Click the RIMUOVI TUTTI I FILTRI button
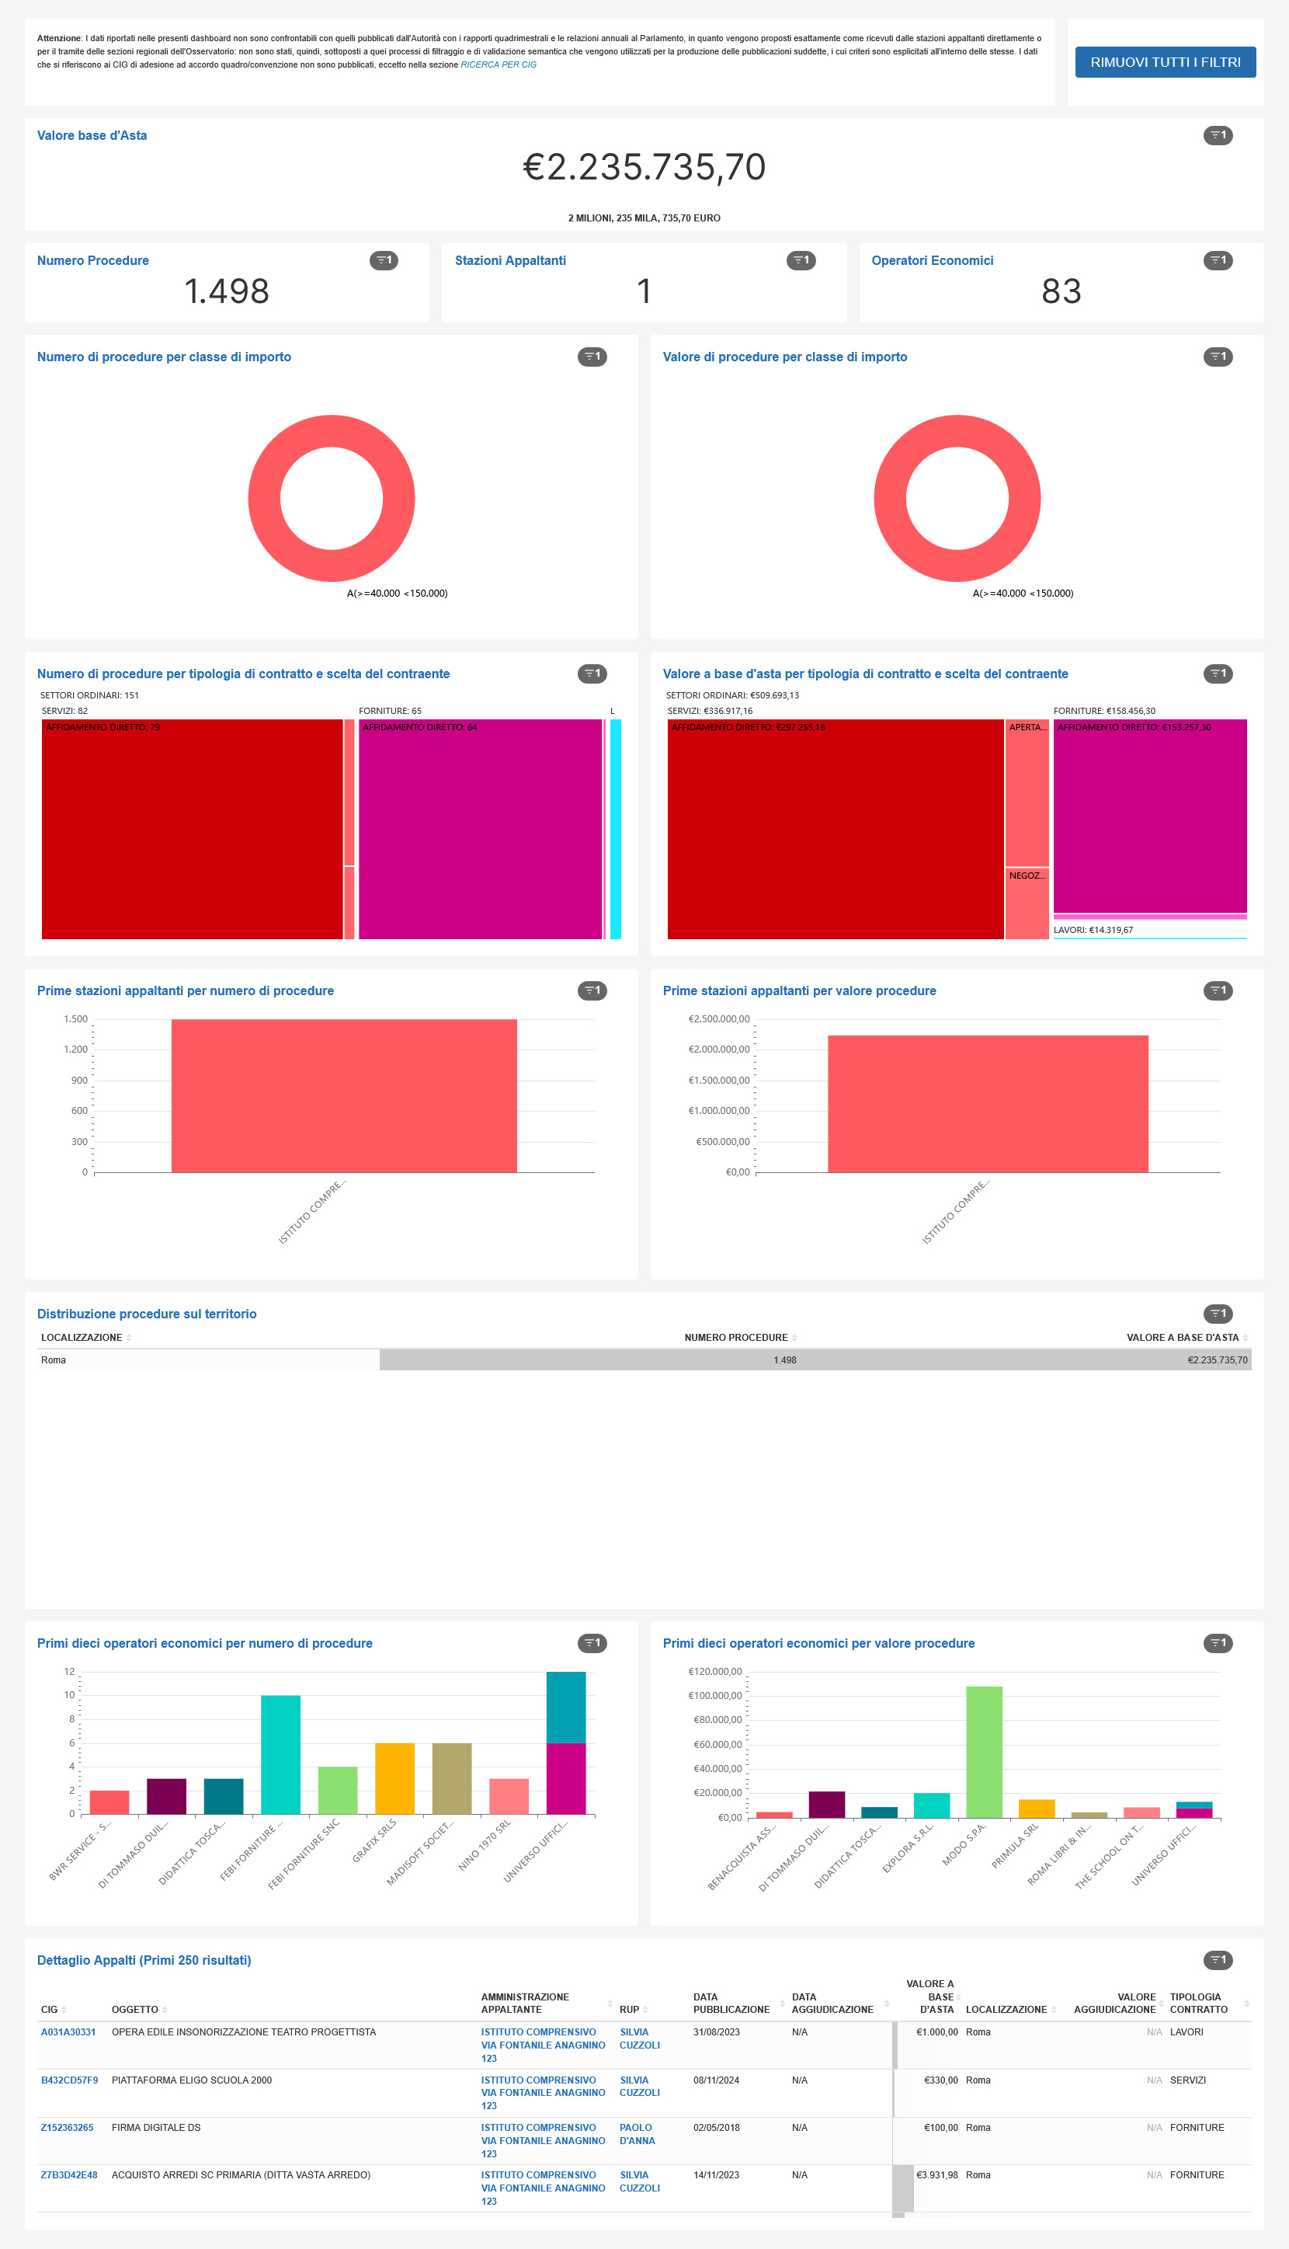(x=1164, y=62)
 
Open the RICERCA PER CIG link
(x=499, y=64)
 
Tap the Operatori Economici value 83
(x=1061, y=291)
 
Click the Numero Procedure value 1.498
(x=227, y=291)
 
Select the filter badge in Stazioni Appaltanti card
(x=801, y=260)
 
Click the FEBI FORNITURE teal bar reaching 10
(x=280, y=1754)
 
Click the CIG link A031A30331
(x=68, y=2032)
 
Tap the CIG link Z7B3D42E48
(x=69, y=2174)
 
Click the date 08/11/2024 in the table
(x=716, y=2080)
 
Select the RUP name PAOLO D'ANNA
(x=637, y=2134)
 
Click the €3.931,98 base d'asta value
(x=936, y=2174)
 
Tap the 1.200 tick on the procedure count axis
(x=75, y=1050)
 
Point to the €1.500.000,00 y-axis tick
(x=719, y=1081)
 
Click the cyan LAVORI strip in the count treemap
(x=615, y=828)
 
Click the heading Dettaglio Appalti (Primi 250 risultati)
(x=144, y=1960)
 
